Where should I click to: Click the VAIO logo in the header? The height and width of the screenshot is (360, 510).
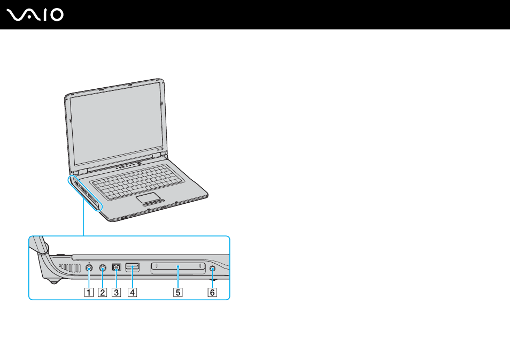point(35,15)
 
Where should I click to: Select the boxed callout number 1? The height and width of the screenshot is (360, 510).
point(88,292)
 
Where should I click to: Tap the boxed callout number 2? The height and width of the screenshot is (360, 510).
point(102,292)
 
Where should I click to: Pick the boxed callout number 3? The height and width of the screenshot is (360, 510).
point(116,292)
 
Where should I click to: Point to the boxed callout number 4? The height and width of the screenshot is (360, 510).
point(133,292)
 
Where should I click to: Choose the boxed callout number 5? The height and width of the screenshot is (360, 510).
point(178,292)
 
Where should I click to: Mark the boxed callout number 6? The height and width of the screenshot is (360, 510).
point(212,292)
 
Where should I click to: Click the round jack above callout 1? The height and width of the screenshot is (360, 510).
point(89,268)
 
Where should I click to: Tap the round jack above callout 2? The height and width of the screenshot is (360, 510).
point(103,268)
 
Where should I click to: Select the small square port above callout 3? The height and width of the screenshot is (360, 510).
point(117,267)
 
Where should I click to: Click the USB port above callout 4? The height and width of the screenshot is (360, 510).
point(133,267)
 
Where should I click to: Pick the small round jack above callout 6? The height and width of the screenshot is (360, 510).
point(212,269)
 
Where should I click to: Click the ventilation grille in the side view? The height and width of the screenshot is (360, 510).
point(70,268)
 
